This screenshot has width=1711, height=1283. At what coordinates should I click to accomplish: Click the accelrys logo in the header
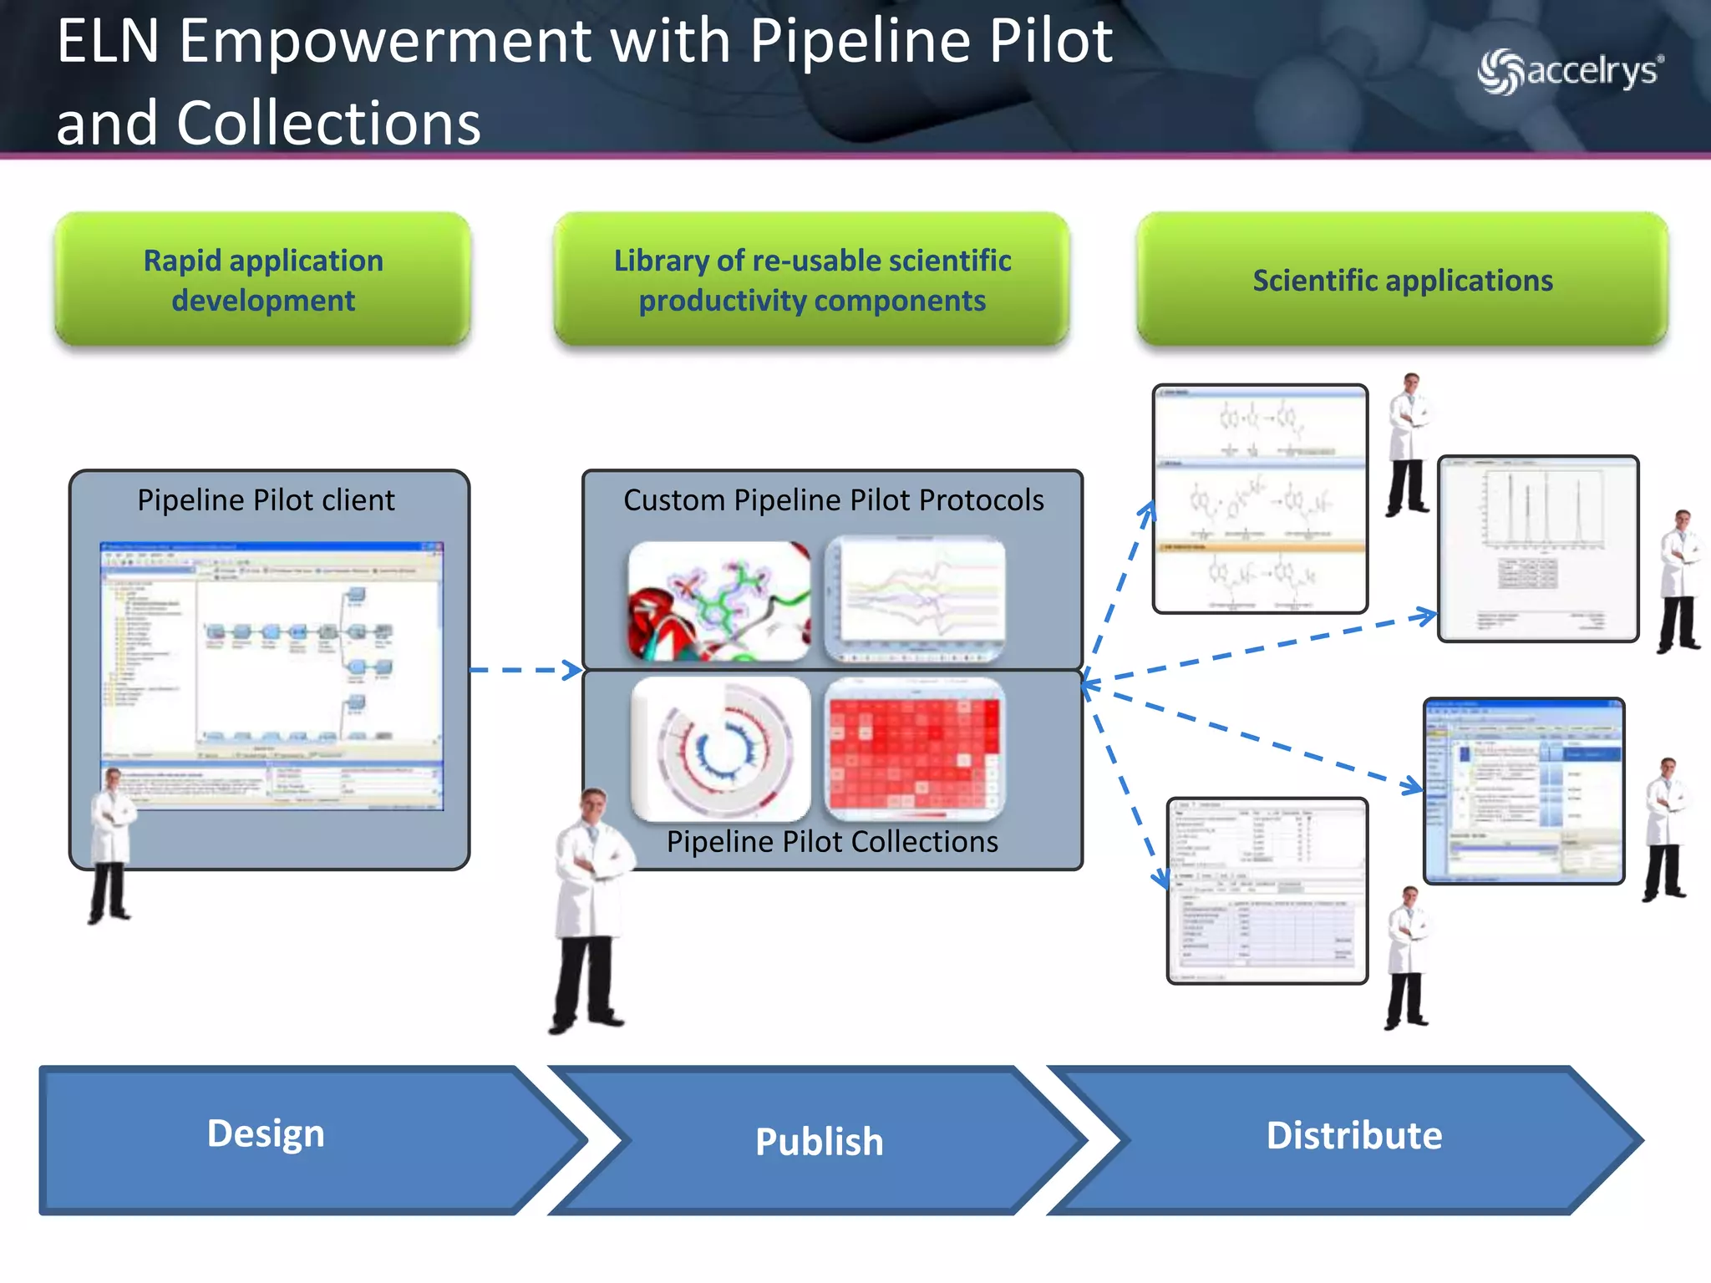[x=1571, y=72]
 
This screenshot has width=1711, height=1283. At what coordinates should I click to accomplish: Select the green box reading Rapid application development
[x=263, y=280]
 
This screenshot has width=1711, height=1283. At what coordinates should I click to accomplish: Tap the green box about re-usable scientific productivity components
[x=812, y=280]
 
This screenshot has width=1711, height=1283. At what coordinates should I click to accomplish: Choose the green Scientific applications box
[x=1403, y=280]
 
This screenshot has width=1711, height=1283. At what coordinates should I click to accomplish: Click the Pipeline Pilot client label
[x=266, y=500]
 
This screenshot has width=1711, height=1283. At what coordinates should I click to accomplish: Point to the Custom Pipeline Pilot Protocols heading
[x=833, y=500]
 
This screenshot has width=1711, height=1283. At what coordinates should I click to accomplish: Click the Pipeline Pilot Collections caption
[x=832, y=841]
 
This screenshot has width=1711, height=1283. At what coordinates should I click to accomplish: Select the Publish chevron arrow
[x=819, y=1141]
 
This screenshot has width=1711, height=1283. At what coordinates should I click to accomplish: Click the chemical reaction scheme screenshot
[x=1260, y=500]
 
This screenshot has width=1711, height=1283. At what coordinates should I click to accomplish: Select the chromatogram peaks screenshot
[x=1538, y=549]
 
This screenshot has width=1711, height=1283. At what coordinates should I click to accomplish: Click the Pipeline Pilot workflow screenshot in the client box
[x=272, y=675]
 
